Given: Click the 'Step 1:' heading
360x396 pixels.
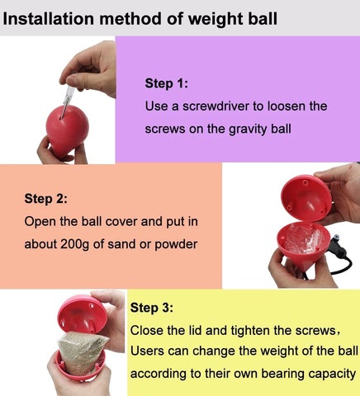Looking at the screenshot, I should click(167, 83).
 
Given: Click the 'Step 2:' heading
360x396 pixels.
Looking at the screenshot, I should click(45, 198).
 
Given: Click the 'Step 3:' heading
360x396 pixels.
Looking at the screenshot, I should click(152, 308).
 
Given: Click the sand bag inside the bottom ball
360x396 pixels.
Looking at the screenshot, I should click(80, 355).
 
